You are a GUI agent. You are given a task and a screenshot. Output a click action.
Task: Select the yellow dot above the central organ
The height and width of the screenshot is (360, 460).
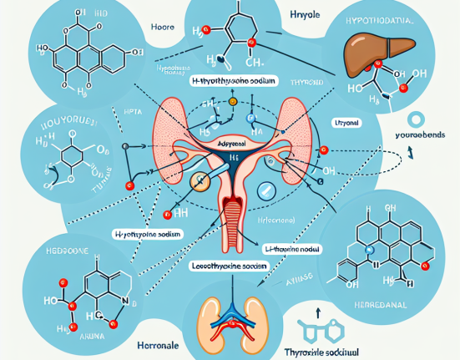233,102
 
